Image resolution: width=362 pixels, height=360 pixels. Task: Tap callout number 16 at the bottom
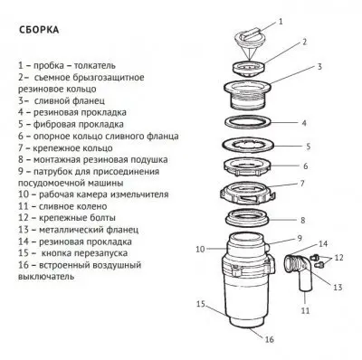point(269,339)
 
